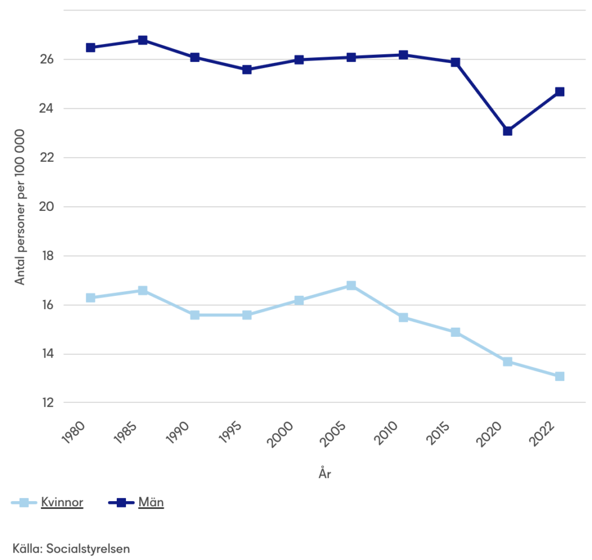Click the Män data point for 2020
(508, 131)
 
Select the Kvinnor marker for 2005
(351, 285)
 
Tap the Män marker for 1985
(143, 40)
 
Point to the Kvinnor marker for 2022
(560, 376)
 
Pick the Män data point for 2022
(560, 92)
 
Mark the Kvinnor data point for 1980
(91, 298)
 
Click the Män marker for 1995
(247, 69)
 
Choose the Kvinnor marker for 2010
(404, 317)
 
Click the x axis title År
(325, 474)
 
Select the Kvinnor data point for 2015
(456, 332)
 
